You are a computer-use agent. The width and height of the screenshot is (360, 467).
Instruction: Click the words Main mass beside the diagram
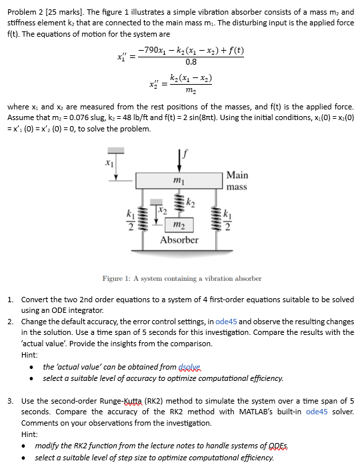coord(237,181)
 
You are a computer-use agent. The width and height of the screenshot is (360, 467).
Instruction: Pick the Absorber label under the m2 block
coord(179,240)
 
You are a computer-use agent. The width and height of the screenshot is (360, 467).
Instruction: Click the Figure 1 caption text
coord(181,278)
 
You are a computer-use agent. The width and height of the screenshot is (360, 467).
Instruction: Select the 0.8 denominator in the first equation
coord(191,62)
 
